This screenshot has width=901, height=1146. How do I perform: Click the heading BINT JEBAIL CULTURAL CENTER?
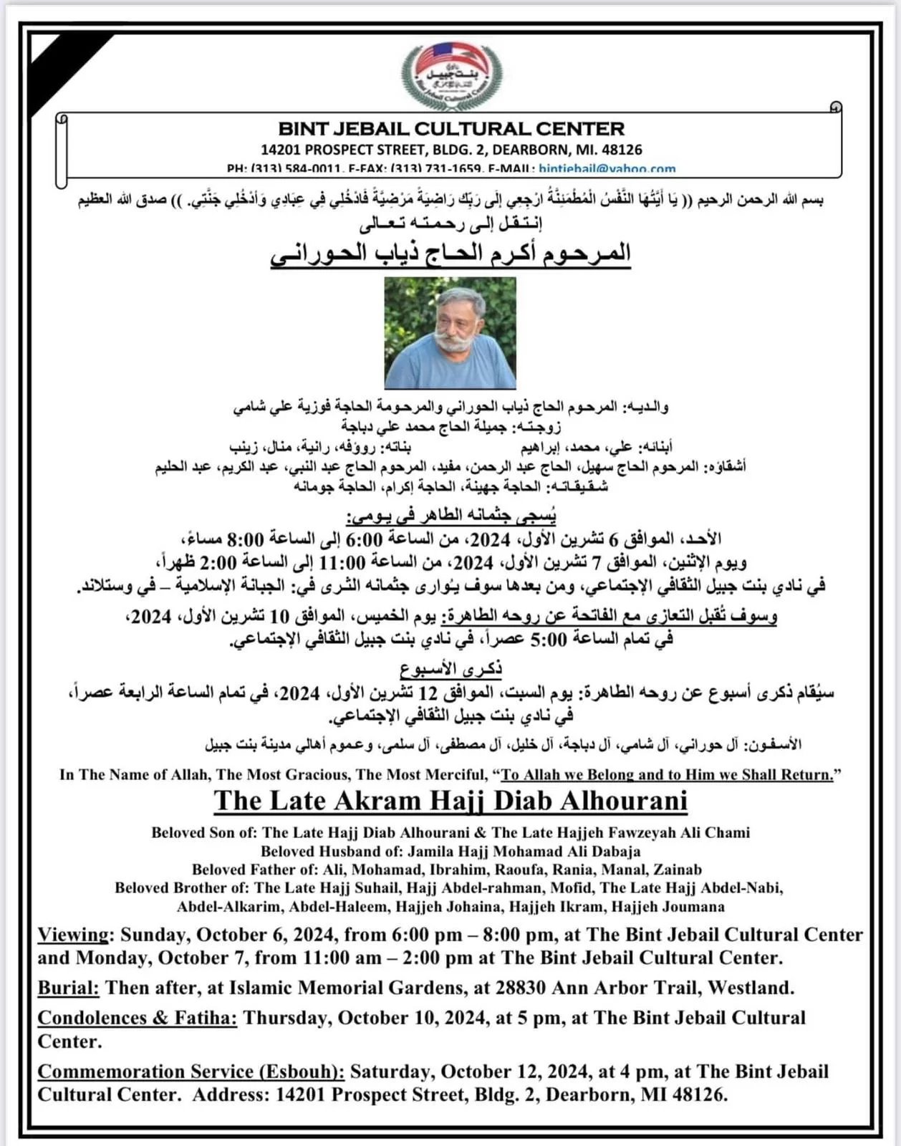coord(451,130)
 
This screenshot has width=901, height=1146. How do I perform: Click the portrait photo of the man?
coord(450,332)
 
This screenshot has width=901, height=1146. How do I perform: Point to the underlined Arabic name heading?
coord(450,254)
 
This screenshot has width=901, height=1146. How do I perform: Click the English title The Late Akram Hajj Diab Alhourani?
coord(450,801)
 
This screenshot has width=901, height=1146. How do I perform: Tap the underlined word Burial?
coord(68,988)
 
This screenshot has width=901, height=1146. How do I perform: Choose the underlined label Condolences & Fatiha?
coord(137,1018)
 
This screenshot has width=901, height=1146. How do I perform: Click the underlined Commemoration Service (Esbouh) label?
coord(191,1072)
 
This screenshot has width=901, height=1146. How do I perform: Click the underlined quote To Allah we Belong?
coord(668,774)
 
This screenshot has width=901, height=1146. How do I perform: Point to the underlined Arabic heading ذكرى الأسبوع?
coord(450,669)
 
